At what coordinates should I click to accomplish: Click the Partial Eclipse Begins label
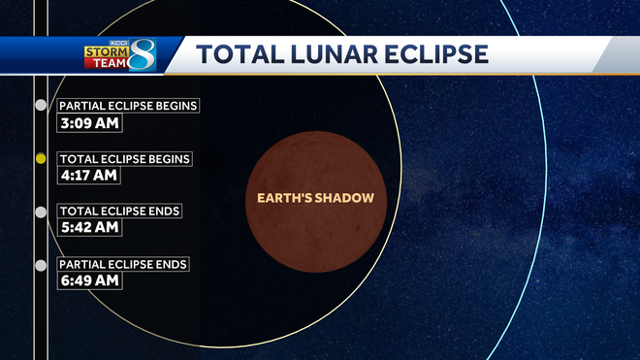coord(129,106)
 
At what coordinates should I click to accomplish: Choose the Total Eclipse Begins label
coord(125,158)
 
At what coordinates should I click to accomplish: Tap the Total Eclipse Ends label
coord(119,211)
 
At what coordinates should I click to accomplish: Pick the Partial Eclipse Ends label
coord(123,264)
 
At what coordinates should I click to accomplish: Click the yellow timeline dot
coord(40,158)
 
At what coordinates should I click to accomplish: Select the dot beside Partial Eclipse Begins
coord(40,105)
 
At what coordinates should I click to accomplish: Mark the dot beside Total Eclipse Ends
coord(40,212)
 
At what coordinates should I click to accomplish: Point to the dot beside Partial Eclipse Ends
coord(40,265)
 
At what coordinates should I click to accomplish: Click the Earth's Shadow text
coord(314,198)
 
